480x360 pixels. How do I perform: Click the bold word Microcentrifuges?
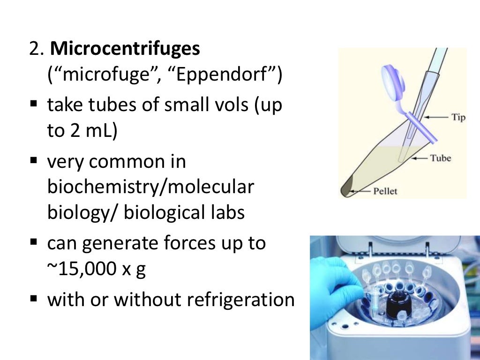(125, 49)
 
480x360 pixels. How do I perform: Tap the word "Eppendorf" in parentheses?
(229, 75)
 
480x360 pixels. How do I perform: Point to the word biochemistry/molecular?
(150, 187)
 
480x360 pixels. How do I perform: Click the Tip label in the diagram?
(458, 117)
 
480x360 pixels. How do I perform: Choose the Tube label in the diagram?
(441, 158)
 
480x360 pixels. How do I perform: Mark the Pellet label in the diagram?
(386, 191)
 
